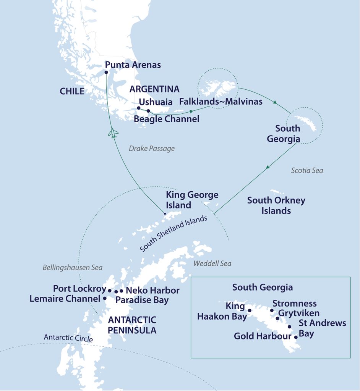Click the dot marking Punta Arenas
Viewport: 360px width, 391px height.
coord(106,72)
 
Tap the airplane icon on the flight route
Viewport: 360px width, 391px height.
coord(113,133)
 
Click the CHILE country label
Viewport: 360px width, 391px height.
coord(72,91)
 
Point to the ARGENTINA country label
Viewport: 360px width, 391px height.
coord(154,89)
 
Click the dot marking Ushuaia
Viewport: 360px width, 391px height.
coord(139,108)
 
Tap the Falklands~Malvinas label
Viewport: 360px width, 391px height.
coord(221,102)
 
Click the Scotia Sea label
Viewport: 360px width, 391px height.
coord(307,170)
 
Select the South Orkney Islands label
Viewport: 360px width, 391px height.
coord(276,205)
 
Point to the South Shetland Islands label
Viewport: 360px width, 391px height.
coord(174,234)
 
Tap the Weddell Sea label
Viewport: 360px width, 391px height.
coord(212,263)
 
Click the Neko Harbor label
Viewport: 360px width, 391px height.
coord(152,291)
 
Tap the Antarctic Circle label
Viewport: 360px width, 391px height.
coord(68,338)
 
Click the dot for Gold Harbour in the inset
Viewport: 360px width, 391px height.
coord(296,337)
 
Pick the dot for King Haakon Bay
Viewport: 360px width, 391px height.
coord(250,310)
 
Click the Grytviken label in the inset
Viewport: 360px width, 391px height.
coord(298,313)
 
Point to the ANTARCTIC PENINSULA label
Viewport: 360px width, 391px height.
coord(132,325)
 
